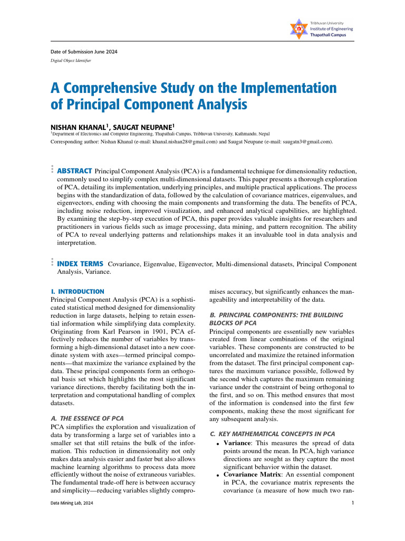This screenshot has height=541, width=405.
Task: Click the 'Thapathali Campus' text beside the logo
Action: pyautogui.click(x=332, y=35)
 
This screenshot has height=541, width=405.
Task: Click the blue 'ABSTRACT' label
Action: pyautogui.click(x=74, y=171)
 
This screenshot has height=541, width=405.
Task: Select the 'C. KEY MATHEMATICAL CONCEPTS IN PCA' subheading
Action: pyautogui.click(x=272, y=434)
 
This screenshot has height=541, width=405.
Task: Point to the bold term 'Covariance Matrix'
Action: pyautogui.click(x=252, y=474)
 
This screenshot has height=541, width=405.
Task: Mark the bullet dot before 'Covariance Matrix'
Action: pyautogui.click(x=217, y=475)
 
